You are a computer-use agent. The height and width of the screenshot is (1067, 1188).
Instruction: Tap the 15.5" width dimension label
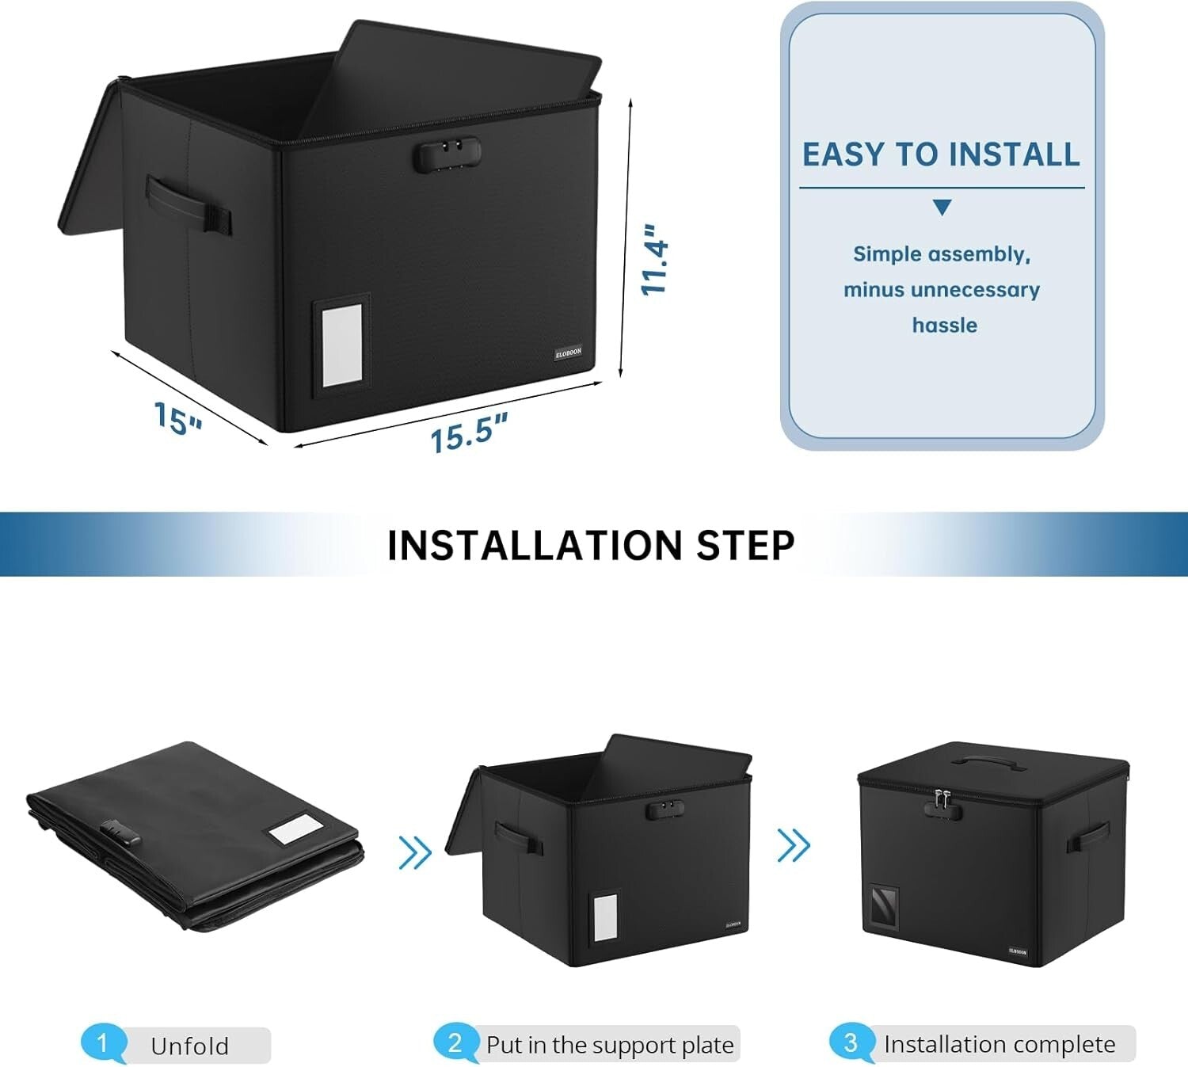468,433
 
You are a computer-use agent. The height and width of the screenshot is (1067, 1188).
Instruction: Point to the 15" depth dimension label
177,417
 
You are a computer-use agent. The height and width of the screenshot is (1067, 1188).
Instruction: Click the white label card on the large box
342,345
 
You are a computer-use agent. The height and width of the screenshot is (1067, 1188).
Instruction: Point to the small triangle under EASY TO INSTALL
942,208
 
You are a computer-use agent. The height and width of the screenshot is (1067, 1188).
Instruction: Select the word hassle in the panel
944,325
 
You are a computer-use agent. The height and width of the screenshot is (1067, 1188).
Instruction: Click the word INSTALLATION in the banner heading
535,545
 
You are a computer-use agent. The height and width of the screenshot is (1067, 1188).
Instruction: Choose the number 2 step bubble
455,1042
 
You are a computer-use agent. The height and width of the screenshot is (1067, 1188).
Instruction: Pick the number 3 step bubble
851,1042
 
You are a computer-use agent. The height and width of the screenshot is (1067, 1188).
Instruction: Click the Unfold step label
189,1046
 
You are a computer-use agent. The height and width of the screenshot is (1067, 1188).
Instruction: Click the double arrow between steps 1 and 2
415,852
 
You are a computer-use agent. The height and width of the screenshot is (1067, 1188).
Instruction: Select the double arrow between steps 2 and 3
794,845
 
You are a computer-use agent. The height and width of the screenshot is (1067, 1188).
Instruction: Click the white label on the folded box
295,831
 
